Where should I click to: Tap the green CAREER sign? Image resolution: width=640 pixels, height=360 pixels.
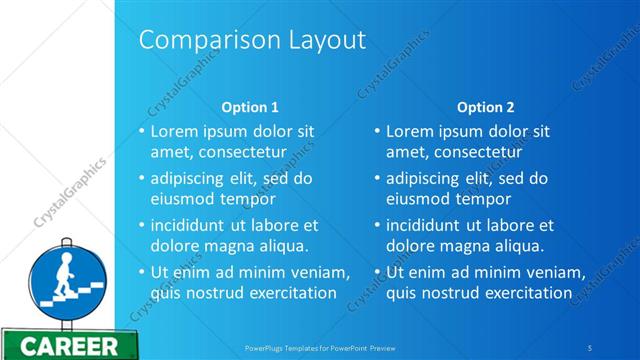click(69, 347)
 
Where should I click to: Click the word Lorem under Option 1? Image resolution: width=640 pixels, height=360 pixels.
click(174, 131)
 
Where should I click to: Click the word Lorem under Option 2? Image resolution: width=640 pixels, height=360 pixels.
click(410, 131)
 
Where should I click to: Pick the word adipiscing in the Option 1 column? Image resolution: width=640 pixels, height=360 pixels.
click(187, 179)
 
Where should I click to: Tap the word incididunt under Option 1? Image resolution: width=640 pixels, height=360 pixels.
click(190, 225)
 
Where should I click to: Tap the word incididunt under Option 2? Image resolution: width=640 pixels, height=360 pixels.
click(426, 225)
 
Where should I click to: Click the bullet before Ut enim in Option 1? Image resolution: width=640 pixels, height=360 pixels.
click(142, 272)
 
